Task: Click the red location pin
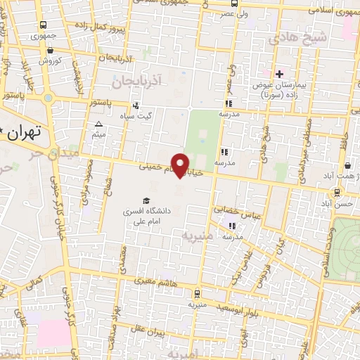181,165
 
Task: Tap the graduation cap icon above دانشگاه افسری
146,200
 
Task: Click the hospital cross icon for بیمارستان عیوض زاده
279,74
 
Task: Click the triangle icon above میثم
98,124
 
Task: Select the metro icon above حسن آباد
338,191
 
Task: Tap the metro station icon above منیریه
195,295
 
